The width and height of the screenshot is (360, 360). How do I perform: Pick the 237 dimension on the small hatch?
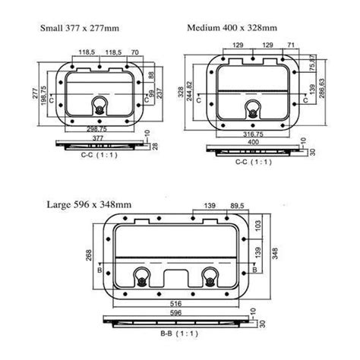click(159, 93)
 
